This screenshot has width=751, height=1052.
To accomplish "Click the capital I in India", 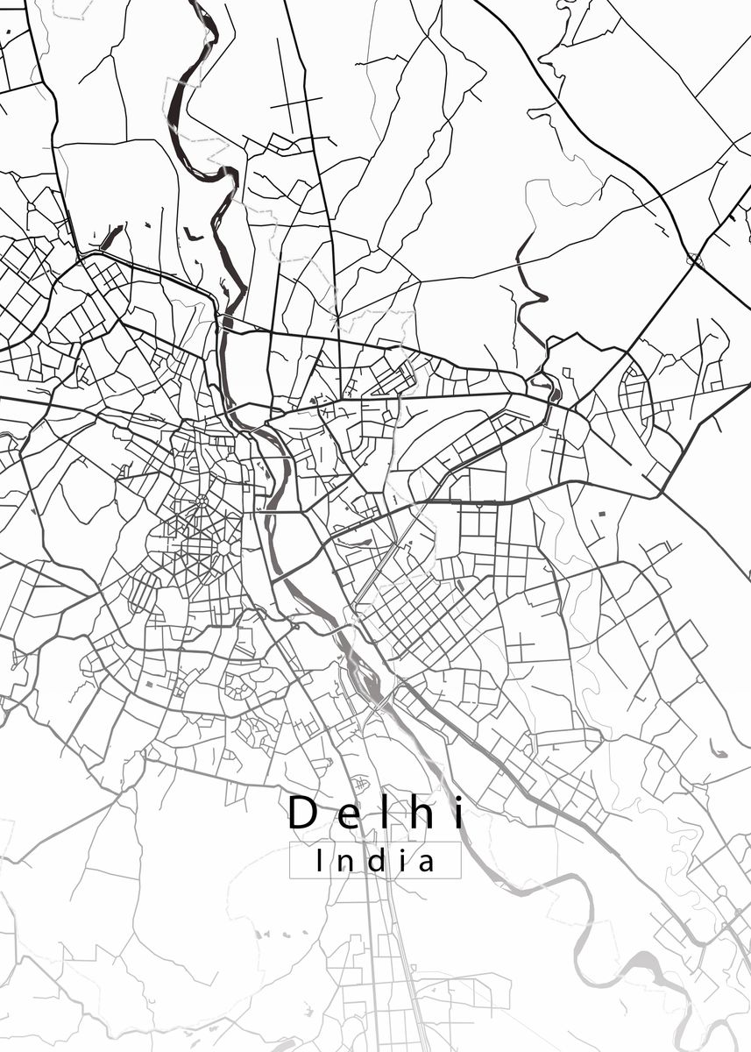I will tap(318, 861).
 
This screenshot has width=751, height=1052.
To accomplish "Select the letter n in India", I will tap(343, 864).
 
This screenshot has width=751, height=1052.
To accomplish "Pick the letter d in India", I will tap(373, 861).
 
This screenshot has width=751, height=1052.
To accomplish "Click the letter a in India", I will tap(426, 864).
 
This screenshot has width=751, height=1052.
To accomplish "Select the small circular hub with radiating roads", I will tap(202, 501).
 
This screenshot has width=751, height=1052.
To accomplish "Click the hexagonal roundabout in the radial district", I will tap(224, 547).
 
